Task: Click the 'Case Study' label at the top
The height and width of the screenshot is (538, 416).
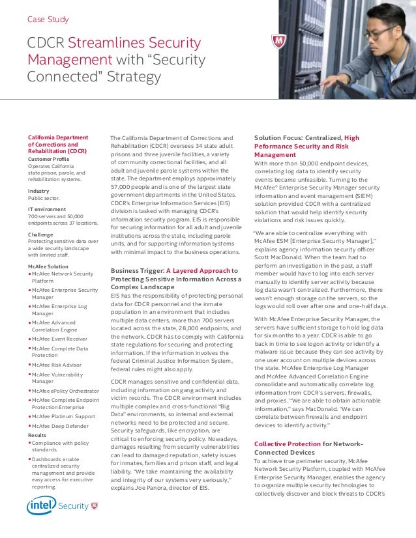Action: pyautogui.click(x=48, y=19)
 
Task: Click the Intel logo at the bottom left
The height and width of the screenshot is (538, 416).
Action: pyautogui.click(x=40, y=506)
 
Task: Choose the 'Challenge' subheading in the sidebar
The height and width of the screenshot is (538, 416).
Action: pyautogui.click(x=40, y=234)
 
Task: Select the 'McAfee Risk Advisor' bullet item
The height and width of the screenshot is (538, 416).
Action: pyautogui.click(x=61, y=365)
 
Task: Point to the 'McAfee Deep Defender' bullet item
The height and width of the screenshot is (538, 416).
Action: pyautogui.click(x=64, y=425)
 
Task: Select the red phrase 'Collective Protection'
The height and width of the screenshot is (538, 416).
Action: pyautogui.click(x=287, y=444)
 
